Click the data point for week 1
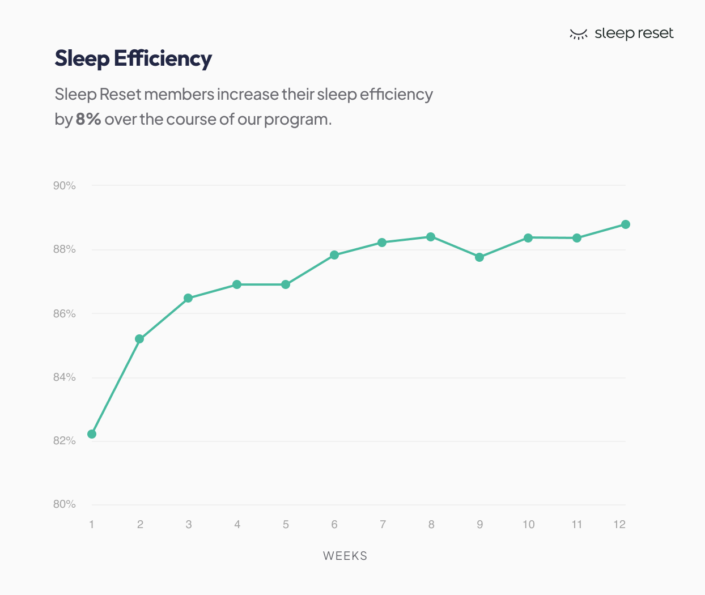pos(92,434)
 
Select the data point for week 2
pos(139,339)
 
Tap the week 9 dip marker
pos(479,257)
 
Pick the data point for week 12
pos(626,224)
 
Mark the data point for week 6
pos(334,255)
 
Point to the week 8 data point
pos(431,237)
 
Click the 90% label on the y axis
pos(65,186)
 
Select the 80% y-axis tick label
pos(65,504)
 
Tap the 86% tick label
pos(65,314)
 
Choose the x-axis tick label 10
pos(528,525)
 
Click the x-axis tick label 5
pos(286,525)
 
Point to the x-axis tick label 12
pos(619,525)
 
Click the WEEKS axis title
pos(345,556)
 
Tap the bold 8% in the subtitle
pos(88,119)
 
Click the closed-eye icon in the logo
pos(578,35)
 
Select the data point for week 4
pos(237,284)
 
